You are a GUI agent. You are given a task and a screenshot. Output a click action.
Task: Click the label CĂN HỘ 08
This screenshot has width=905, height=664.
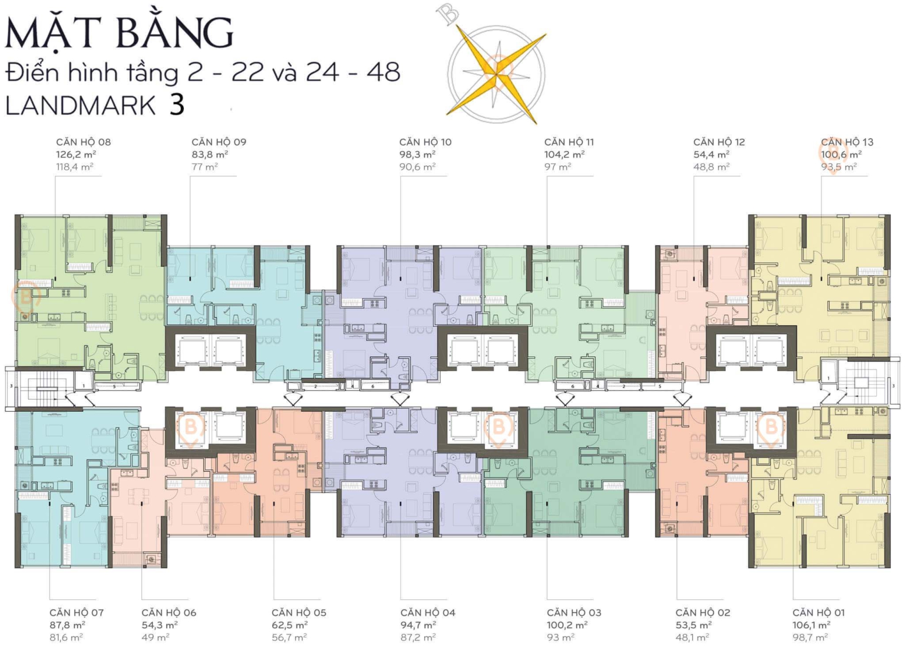[x=83, y=142]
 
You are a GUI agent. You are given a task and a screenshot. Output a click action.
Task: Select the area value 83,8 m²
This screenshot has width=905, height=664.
[x=209, y=154]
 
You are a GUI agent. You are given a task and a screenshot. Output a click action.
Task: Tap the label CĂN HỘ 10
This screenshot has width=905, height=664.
[x=425, y=142]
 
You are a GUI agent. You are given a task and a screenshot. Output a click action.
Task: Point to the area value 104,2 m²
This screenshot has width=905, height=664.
[x=564, y=154]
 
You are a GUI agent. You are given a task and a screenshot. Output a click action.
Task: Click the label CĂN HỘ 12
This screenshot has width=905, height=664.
[x=719, y=142]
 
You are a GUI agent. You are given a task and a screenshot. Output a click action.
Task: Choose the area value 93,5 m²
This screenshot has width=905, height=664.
[x=838, y=167]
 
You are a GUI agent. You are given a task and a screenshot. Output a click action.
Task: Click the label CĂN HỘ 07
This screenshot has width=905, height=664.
[x=76, y=613]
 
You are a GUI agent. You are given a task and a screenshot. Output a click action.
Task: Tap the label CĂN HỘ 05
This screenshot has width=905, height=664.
[x=299, y=613]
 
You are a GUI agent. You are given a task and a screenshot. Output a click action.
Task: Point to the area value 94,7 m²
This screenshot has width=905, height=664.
[x=418, y=625]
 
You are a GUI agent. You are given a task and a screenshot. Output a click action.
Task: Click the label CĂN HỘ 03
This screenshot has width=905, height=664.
[x=574, y=613]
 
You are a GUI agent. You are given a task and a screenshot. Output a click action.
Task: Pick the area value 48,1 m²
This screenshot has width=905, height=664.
[x=692, y=637]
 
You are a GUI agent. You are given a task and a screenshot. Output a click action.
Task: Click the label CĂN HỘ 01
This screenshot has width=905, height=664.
[x=818, y=613]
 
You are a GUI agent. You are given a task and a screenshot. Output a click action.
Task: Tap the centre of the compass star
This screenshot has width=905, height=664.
[x=496, y=72]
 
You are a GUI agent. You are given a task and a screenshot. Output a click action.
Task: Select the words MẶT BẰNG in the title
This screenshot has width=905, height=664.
[x=119, y=33]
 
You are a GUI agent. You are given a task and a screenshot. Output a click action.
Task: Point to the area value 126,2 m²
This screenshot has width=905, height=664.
[x=76, y=154]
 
